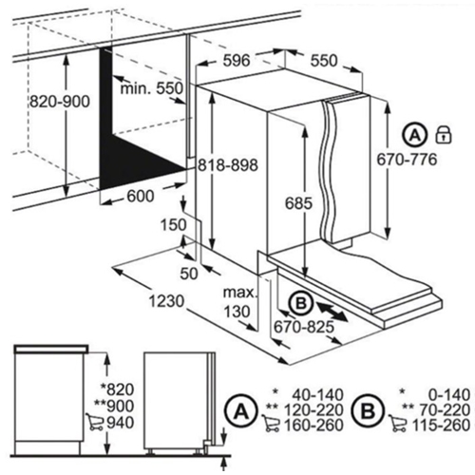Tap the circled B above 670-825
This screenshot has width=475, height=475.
click(297, 304)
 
